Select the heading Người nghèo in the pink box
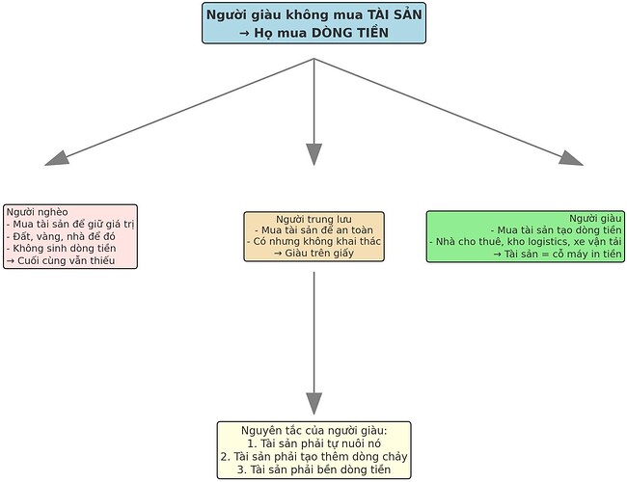[35, 211]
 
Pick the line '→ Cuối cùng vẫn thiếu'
[60, 261]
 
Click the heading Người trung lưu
[313, 219]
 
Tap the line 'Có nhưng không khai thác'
[313, 240]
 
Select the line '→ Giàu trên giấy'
[313, 253]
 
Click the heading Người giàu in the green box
[595, 218]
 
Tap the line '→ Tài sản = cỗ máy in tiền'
[558, 254]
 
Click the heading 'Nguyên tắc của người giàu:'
[313, 429]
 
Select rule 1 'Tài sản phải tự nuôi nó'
[313, 442]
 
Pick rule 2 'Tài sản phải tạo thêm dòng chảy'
[313, 456]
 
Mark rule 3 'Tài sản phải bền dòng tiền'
[313, 469]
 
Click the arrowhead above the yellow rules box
[313, 403]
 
